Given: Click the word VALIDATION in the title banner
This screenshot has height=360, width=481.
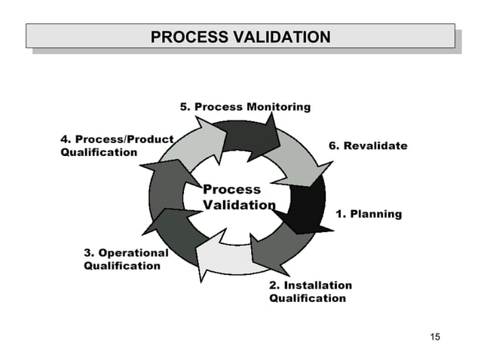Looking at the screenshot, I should click(x=282, y=37).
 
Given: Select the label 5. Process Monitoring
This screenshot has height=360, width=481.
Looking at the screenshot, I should click(x=244, y=107).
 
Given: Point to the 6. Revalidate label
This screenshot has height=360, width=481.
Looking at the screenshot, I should click(x=368, y=145).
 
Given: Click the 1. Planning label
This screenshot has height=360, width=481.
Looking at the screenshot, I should click(x=369, y=214).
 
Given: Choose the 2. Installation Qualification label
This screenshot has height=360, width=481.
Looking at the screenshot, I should click(x=310, y=292).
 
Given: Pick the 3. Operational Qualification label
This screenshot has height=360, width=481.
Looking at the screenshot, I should click(x=125, y=259).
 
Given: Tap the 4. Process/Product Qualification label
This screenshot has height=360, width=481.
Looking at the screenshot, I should click(x=116, y=146).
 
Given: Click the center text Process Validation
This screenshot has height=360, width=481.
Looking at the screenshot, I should click(x=238, y=197).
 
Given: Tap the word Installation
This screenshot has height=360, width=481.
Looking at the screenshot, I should click(x=317, y=285).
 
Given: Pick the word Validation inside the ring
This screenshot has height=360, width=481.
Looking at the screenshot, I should click(x=239, y=205).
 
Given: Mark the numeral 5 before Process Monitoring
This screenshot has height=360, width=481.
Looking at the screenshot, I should click(x=183, y=107).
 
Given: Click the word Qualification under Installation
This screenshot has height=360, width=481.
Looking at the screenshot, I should click(x=308, y=298).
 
